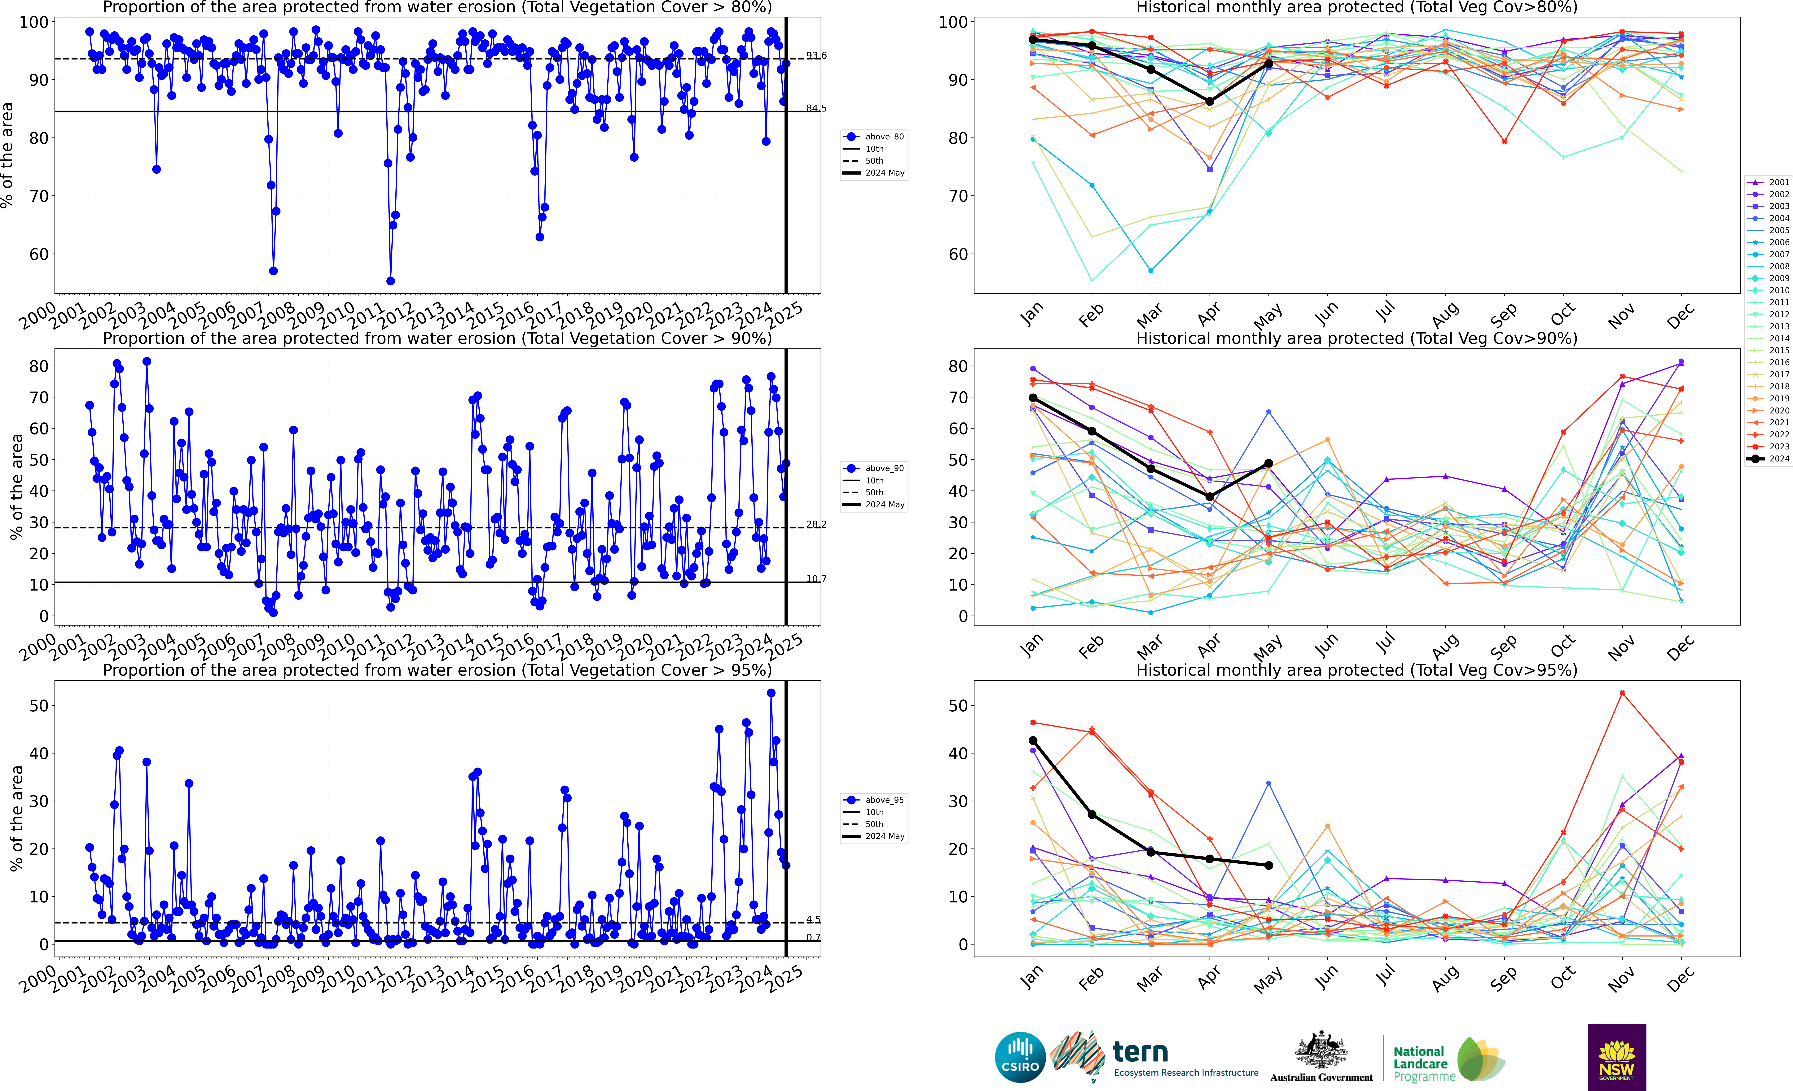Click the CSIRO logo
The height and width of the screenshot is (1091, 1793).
1020,1057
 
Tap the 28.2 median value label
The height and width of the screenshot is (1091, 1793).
816,524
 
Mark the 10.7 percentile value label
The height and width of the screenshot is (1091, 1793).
816,579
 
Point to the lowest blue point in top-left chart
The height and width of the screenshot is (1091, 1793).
391,281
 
